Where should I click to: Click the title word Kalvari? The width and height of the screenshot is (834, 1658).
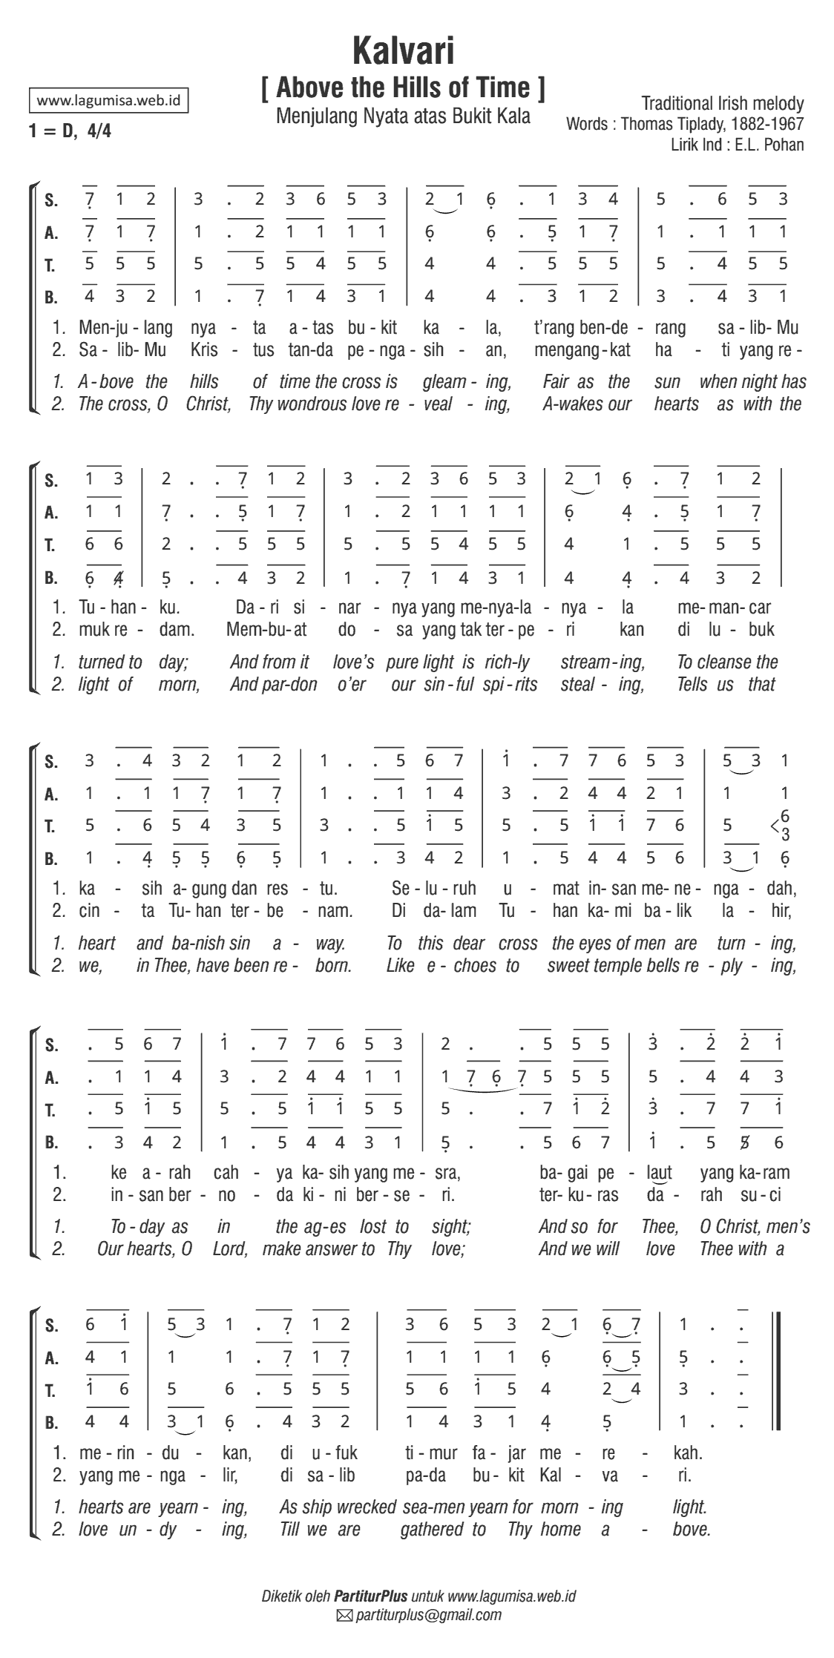click(x=404, y=52)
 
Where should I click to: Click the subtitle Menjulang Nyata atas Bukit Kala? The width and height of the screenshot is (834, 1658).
click(x=403, y=116)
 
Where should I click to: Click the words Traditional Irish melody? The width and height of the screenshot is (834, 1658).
click(x=722, y=103)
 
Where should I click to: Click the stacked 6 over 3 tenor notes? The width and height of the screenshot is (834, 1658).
click(x=785, y=825)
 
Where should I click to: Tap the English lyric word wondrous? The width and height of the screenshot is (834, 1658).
click(x=312, y=404)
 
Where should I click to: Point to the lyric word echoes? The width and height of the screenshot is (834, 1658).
click(x=472, y=966)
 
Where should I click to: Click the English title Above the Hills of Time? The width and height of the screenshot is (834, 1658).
click(x=404, y=88)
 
